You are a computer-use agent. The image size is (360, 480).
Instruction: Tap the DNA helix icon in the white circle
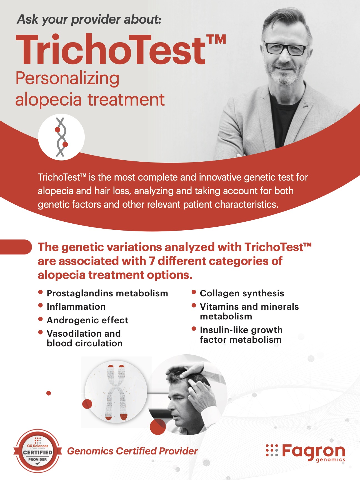click(x=61, y=137)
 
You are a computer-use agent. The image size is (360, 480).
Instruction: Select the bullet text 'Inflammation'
click(x=76, y=307)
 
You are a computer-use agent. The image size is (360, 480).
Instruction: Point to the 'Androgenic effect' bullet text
click(x=87, y=320)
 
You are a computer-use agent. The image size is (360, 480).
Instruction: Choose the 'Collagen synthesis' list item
click(x=242, y=293)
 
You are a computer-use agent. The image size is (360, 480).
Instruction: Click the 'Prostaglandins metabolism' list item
click(x=107, y=293)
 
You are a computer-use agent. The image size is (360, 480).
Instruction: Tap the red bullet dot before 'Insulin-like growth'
click(x=194, y=329)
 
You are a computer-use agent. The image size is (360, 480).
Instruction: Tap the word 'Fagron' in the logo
click(x=314, y=451)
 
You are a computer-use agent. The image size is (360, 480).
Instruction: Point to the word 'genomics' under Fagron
click(x=331, y=460)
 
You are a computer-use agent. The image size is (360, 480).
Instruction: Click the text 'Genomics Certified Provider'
click(x=132, y=451)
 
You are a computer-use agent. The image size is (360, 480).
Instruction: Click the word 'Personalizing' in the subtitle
click(x=67, y=79)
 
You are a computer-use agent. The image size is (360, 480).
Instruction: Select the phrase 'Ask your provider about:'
click(x=89, y=20)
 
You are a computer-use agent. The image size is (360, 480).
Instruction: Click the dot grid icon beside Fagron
click(x=272, y=450)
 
